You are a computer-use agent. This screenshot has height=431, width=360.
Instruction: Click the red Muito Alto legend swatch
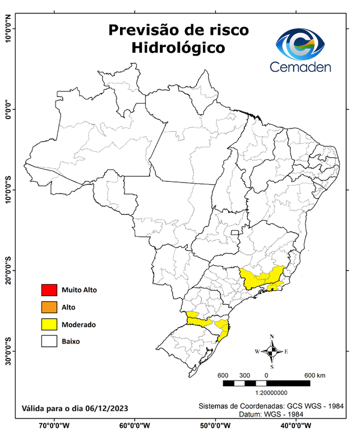(49, 290)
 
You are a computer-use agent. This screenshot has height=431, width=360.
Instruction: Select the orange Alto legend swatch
(49, 307)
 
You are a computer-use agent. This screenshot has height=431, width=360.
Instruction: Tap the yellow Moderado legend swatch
(49, 324)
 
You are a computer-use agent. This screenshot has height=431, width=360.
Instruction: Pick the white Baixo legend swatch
(49, 341)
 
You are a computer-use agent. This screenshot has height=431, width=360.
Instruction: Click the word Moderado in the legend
(79, 324)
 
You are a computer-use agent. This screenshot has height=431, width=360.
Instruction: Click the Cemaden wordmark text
(301, 67)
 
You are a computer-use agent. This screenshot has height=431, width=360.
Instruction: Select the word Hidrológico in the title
(178, 48)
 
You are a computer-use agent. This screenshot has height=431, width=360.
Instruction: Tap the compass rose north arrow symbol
(271, 351)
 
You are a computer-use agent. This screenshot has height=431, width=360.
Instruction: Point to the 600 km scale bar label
(315, 375)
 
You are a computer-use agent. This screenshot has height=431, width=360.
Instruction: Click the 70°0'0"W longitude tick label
(54, 425)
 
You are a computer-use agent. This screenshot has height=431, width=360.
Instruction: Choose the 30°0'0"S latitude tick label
(7, 351)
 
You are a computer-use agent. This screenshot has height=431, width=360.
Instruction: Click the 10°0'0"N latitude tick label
(7, 28)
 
